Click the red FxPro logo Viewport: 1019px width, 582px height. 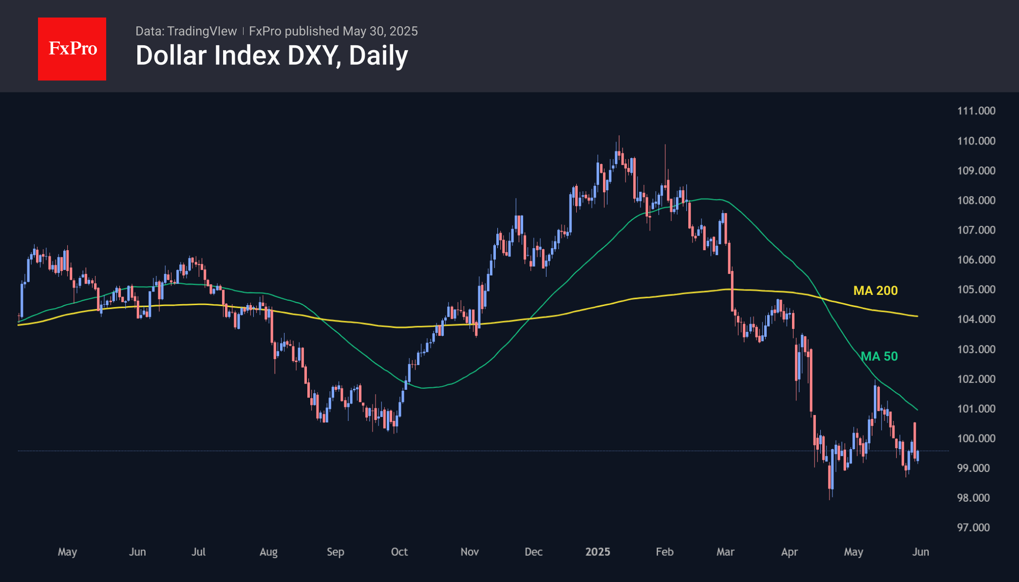point(72,49)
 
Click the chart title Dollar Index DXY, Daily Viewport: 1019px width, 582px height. point(271,55)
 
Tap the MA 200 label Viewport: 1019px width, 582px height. point(875,291)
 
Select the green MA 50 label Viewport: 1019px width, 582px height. point(879,356)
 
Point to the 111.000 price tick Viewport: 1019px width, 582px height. point(976,111)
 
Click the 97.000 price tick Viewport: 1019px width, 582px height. point(973,527)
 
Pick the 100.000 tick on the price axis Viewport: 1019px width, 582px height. point(976,438)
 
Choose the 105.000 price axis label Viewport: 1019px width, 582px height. point(976,290)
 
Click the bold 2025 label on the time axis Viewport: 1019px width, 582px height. point(598,552)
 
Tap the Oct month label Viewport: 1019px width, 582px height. point(399,552)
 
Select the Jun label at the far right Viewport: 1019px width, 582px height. point(921,552)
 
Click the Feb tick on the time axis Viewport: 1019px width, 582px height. point(664,552)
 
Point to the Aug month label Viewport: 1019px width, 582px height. point(268,552)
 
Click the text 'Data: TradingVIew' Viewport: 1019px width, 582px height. point(186,31)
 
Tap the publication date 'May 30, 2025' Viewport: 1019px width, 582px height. point(380,31)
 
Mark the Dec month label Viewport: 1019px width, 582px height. point(533,552)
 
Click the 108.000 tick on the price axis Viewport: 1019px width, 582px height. point(976,200)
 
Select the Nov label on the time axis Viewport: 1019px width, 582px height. point(470,552)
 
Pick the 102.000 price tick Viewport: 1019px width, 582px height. point(976,379)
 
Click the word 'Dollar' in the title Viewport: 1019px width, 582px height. point(171,55)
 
